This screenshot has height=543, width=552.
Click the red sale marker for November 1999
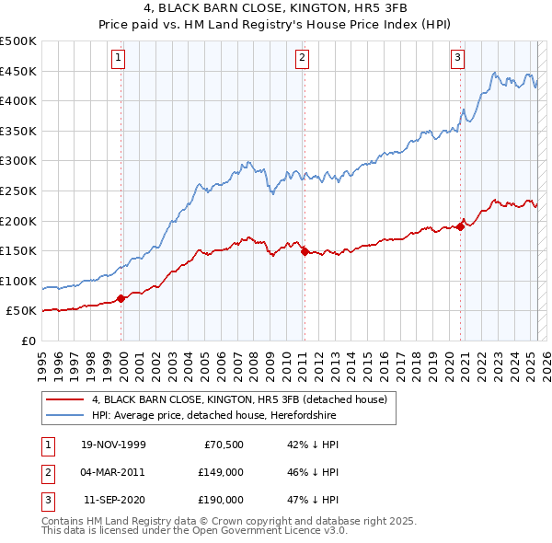point(121,298)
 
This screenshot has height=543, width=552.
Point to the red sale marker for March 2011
point(304,250)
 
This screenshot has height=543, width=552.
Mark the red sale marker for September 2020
point(459,226)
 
